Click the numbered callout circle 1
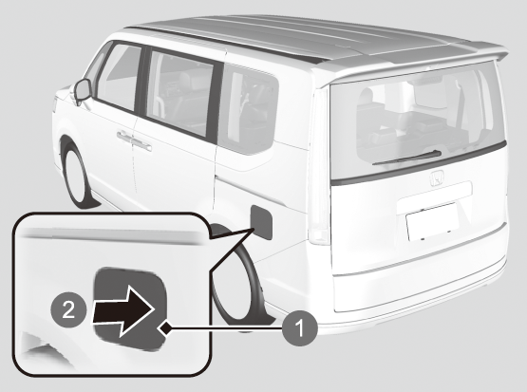click(x=299, y=328)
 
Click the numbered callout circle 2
click(x=68, y=309)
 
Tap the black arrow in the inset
click(x=124, y=311)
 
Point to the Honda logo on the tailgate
click(x=437, y=178)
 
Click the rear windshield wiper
click(x=407, y=158)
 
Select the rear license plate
click(x=432, y=222)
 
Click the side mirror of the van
click(x=82, y=91)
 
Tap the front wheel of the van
click(x=77, y=175)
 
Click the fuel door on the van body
click(x=261, y=222)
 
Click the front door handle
click(x=124, y=136)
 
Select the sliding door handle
click(x=141, y=144)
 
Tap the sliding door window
click(x=180, y=92)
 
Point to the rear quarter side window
click(x=248, y=108)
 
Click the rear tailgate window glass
click(x=417, y=121)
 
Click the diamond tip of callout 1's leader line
click(x=164, y=327)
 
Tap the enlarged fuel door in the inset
click(x=130, y=308)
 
